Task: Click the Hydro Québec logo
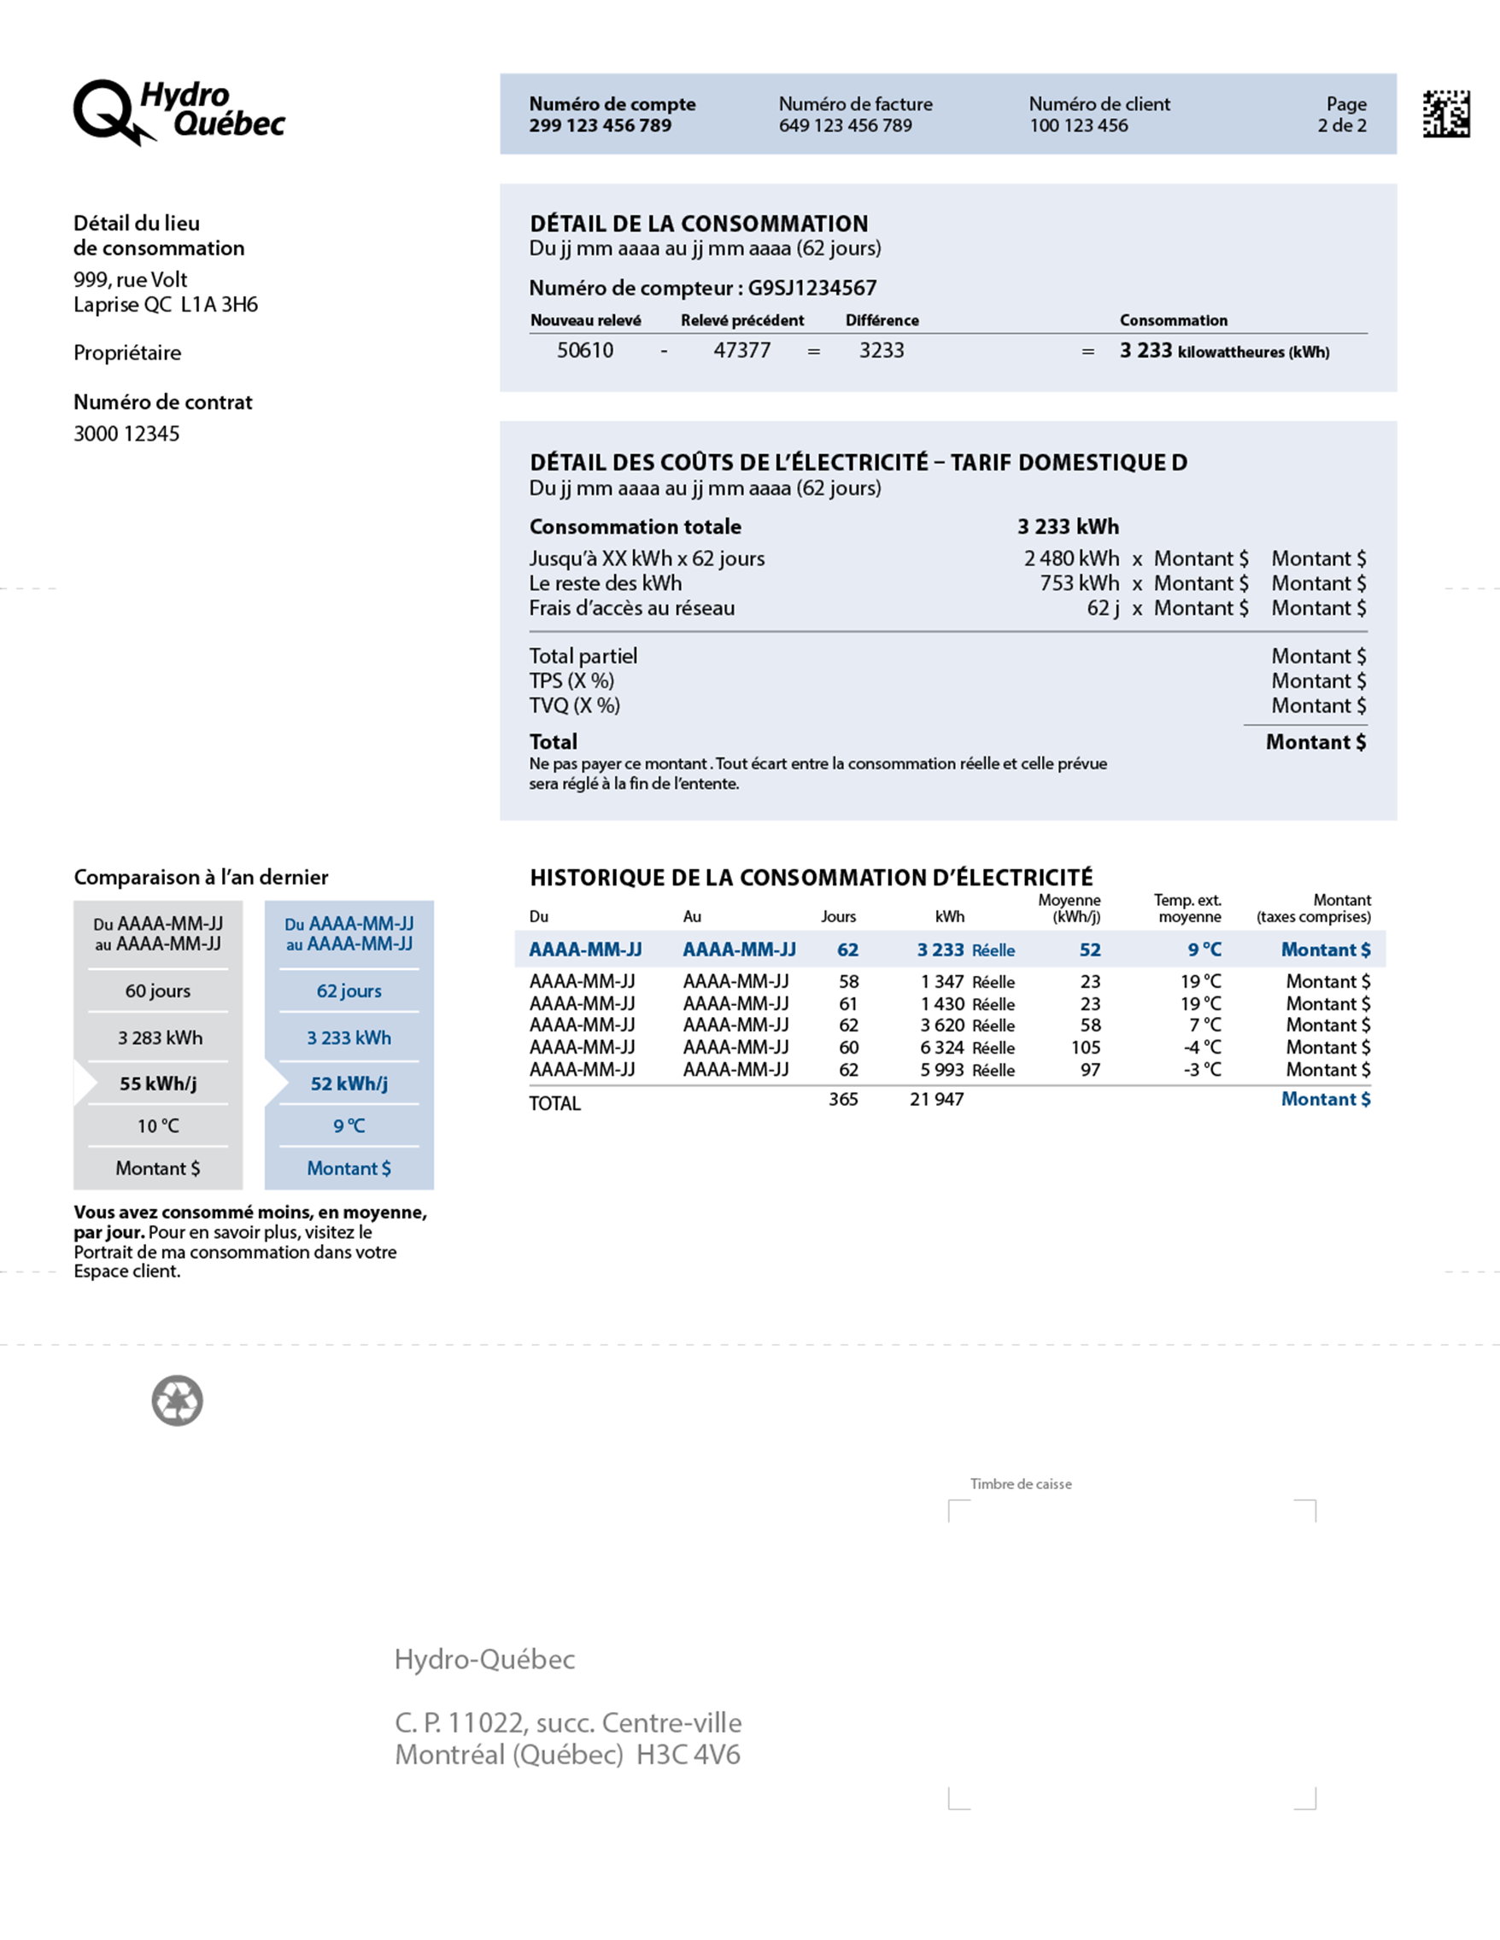coord(179,112)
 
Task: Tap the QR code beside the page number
coord(1446,114)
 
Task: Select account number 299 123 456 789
coord(600,126)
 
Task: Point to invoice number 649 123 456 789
coord(845,126)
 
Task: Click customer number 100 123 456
coord(1078,126)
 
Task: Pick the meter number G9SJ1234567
coord(812,288)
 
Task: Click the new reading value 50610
coord(585,351)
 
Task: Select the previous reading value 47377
coord(741,351)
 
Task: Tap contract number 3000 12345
coord(126,434)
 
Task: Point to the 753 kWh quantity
coord(1079,583)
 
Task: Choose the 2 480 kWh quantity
coord(1071,558)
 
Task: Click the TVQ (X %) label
coord(574,706)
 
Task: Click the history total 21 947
coord(935,1100)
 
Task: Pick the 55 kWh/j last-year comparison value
coord(158,1084)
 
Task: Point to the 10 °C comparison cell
coord(158,1126)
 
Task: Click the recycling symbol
coord(178,1401)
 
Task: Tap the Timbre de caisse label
coord(1020,1484)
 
